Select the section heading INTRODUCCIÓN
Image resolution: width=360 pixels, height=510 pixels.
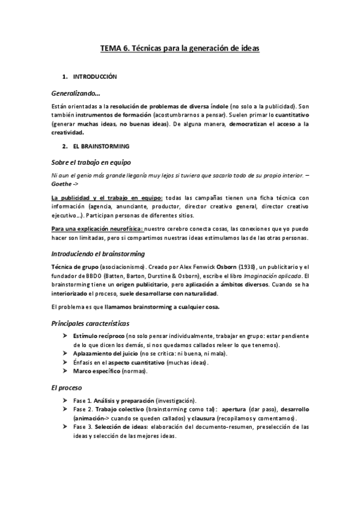94,77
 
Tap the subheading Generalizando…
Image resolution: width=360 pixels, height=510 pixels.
76,93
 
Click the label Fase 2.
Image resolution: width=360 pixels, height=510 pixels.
82,409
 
